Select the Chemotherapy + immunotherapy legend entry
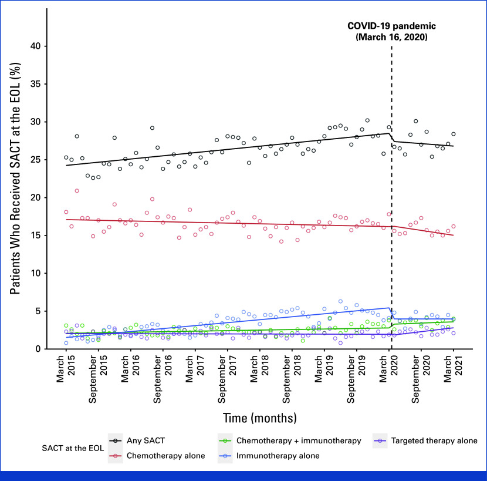(299, 440)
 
